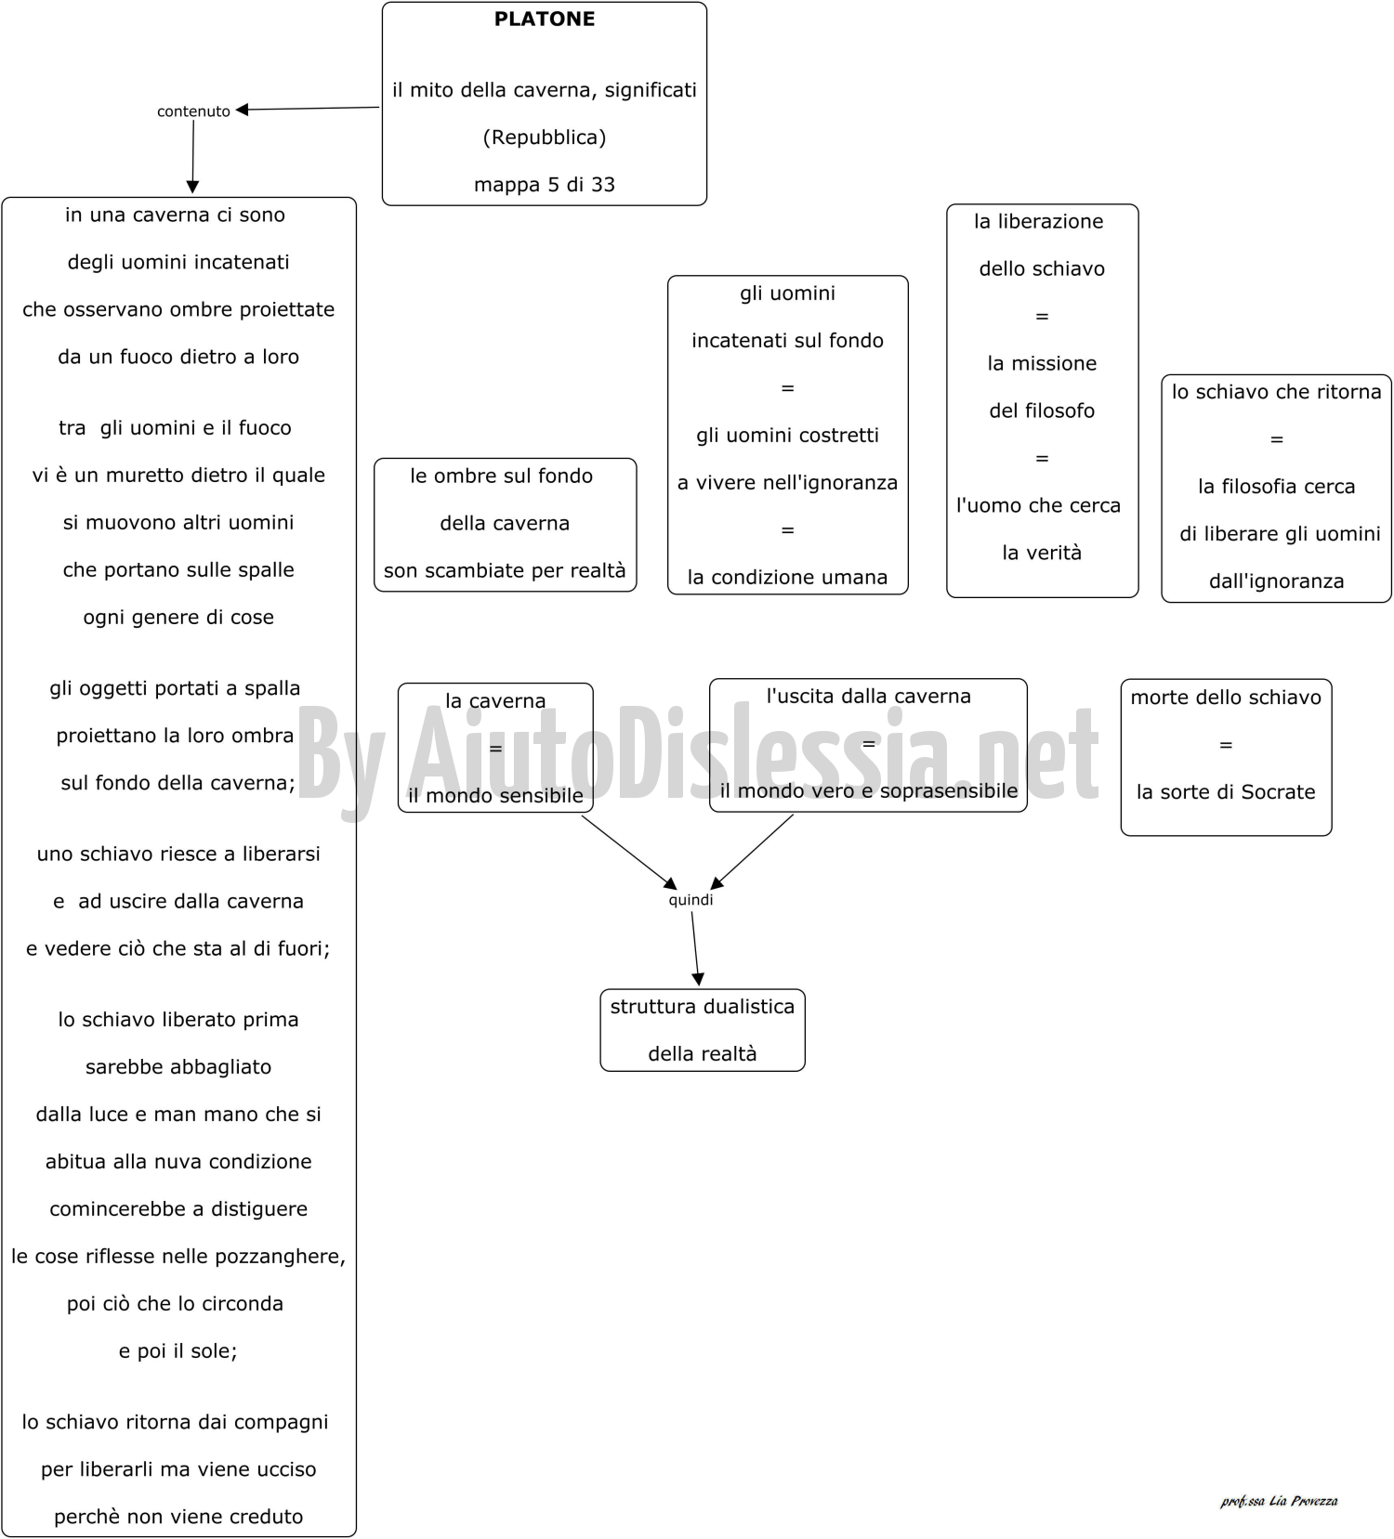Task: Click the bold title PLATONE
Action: [x=545, y=19]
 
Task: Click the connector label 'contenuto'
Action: [x=193, y=111]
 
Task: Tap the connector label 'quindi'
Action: [x=690, y=899]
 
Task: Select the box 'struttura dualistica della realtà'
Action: [x=703, y=1030]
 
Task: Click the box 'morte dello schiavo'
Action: [x=1226, y=757]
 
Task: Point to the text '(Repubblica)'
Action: [x=545, y=137]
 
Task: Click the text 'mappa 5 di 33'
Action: [x=545, y=184]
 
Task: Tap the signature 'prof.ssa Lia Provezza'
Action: [x=1279, y=1501]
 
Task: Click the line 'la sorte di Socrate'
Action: [x=1226, y=792]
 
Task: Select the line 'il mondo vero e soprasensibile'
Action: [x=869, y=791]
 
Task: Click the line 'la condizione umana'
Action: [x=787, y=578]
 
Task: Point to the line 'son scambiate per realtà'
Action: [x=505, y=570]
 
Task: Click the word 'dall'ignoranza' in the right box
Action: [x=1276, y=581]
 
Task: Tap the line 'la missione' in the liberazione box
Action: [x=1042, y=363]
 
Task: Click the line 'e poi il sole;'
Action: [x=178, y=1351]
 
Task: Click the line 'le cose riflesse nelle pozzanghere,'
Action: [x=178, y=1257]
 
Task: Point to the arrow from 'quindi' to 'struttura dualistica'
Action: [x=695, y=948]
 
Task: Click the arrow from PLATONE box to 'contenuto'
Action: [x=308, y=109]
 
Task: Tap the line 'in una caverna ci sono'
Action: [x=175, y=215]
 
